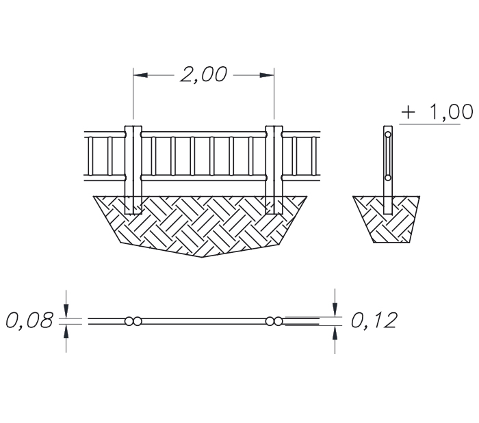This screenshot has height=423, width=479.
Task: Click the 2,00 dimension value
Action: tap(204, 74)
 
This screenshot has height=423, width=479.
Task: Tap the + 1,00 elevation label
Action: tap(437, 111)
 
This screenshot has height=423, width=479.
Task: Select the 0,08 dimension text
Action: tap(29, 320)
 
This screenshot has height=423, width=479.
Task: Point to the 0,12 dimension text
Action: tap(374, 320)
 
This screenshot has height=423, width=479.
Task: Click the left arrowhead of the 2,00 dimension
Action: tap(140, 75)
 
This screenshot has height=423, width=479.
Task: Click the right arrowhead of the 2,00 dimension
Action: tap(267, 75)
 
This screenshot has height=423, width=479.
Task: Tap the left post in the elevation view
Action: tap(133, 170)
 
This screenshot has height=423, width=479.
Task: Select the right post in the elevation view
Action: tap(274, 170)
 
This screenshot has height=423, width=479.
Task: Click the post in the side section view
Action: tap(388, 170)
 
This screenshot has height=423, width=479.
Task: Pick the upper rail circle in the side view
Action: tap(388, 135)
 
